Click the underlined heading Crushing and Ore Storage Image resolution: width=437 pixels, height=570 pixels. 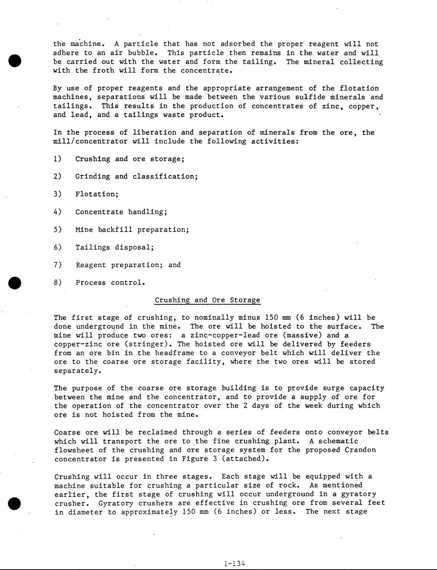(207, 300)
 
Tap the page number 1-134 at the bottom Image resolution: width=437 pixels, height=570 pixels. (234, 563)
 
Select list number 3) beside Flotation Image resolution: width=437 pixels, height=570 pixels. (57, 194)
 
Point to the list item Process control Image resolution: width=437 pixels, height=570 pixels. (110, 283)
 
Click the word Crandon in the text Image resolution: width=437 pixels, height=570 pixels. (360, 450)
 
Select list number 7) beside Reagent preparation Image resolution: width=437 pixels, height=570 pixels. (57, 265)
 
